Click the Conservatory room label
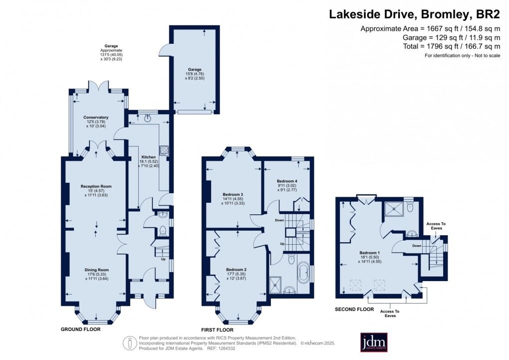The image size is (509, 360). coord(96,117)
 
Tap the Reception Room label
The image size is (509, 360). coord(96,186)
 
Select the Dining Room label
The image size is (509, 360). coord(96,270)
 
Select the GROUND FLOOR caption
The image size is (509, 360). coord(80,330)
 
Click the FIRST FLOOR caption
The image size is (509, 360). coord(217,330)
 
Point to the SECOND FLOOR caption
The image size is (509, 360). coord(354,310)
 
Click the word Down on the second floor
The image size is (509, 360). coord(417,245)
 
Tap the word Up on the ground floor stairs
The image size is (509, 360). coord(163,259)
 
